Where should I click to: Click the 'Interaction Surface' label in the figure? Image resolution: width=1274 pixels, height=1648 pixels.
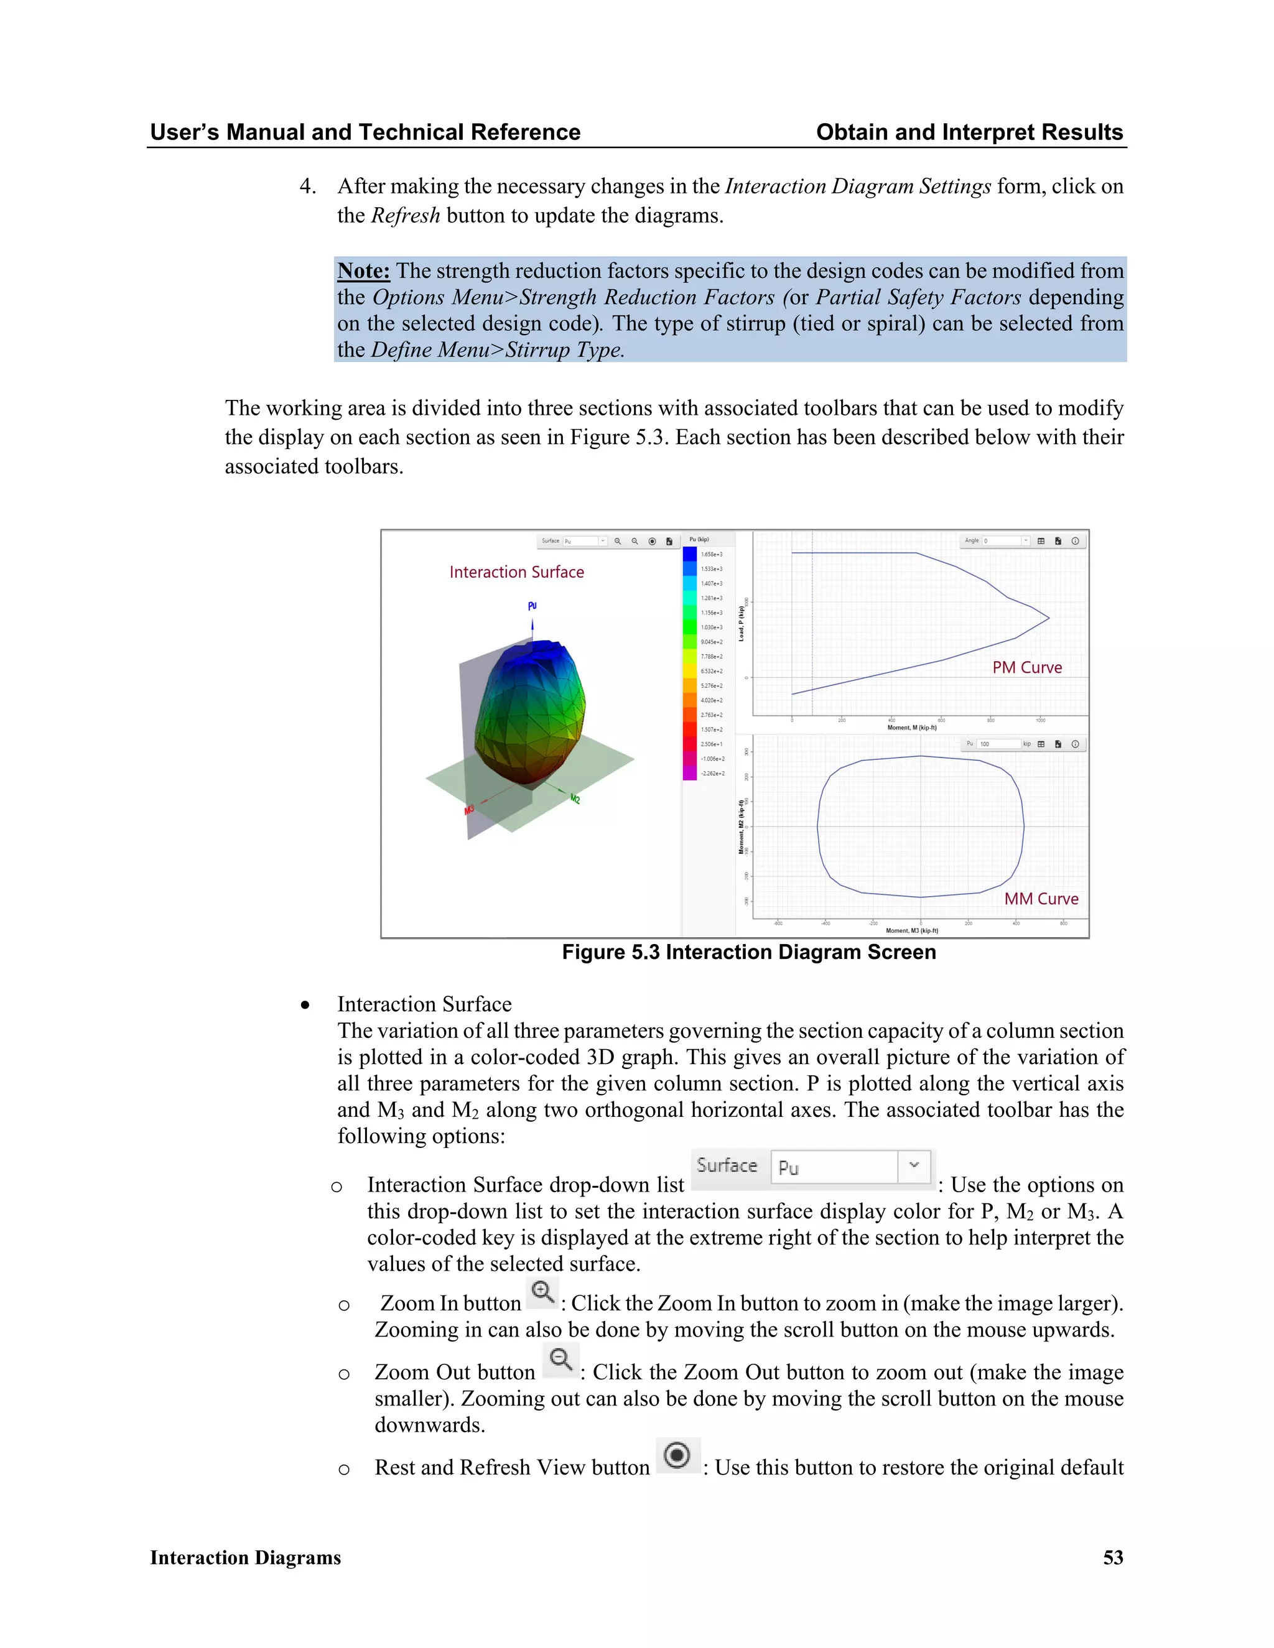[516, 572]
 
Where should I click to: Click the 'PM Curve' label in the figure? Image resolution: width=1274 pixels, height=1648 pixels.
[1026, 667]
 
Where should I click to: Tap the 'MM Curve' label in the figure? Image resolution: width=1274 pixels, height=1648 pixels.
[1041, 899]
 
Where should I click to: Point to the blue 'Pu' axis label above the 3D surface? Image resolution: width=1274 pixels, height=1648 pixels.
[532, 606]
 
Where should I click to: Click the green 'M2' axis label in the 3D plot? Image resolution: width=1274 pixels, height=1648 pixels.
[575, 799]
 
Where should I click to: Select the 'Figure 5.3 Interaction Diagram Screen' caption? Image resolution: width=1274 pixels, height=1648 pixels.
[749, 952]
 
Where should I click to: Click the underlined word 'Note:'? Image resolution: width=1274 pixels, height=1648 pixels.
[363, 271]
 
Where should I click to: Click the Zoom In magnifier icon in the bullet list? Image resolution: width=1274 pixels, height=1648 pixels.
[542, 1293]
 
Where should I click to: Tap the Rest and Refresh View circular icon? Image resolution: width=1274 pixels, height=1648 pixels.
[677, 1455]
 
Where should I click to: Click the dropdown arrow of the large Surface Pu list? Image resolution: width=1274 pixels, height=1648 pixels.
[914, 1166]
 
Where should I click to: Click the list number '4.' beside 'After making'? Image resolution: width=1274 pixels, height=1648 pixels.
[308, 187]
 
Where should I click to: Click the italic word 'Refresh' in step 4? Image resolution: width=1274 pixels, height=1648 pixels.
[406, 216]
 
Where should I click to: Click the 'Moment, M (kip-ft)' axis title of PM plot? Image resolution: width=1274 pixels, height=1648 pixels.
[912, 728]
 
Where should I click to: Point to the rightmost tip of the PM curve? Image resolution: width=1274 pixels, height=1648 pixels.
[1048, 618]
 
